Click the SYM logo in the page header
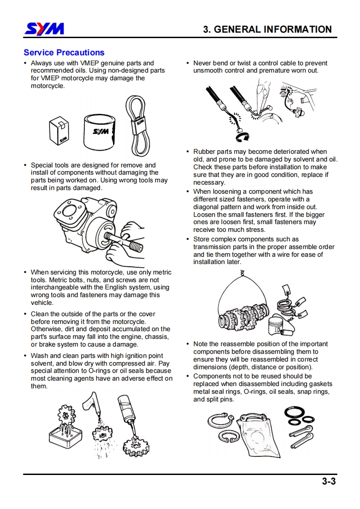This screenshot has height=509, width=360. click(44, 29)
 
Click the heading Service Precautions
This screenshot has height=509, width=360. click(64, 53)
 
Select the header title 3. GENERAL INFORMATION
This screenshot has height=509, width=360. click(267, 29)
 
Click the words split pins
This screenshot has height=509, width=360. click(220, 399)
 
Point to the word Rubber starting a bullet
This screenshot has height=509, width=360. click(204, 152)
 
